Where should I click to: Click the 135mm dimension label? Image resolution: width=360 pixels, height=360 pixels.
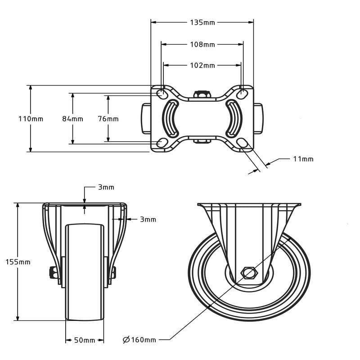pos(202,22)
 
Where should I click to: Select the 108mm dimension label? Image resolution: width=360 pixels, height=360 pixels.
pos(202,45)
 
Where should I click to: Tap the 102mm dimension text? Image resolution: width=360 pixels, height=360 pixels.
pos(202,66)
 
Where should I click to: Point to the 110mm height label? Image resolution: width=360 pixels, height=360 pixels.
pos(31,119)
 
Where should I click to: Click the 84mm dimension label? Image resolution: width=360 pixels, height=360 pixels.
pos(72,119)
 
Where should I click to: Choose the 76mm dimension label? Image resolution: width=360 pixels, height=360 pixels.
pos(108,119)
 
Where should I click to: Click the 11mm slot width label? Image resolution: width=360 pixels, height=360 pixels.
pos(303,159)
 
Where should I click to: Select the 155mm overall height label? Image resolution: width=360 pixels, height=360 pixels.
pos(18,262)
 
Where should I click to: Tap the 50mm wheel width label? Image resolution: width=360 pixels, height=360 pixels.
pos(85,340)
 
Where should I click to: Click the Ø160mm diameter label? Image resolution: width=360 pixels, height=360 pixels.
pos(139,340)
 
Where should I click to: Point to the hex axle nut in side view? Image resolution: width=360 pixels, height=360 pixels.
pos(248,273)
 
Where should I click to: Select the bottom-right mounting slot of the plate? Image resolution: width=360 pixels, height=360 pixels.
pos(243,143)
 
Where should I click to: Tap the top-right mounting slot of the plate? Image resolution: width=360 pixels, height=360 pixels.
pos(243,94)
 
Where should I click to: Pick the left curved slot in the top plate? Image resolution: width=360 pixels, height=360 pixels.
pos(171,118)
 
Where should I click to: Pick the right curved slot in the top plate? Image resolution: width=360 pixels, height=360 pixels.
pos(234,118)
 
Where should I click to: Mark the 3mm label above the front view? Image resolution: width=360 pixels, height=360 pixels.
pos(106,187)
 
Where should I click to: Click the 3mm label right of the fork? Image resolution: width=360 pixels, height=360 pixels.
pos(148,220)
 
